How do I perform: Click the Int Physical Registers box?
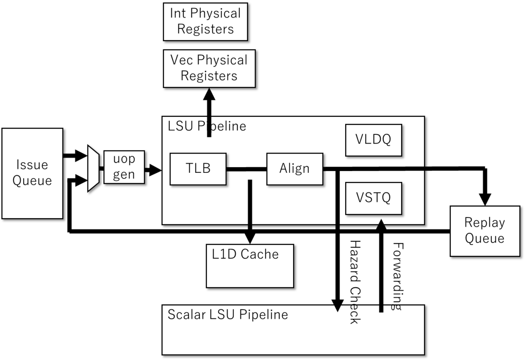pyautogui.click(x=205, y=22)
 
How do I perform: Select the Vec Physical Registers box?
pyautogui.click(x=209, y=68)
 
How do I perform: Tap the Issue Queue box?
pyautogui.click(x=32, y=173)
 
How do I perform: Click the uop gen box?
pyautogui.click(x=124, y=167)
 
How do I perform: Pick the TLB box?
pyautogui.click(x=198, y=169)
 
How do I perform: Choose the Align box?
pyautogui.click(x=294, y=169)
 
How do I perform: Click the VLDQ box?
pyautogui.click(x=374, y=140)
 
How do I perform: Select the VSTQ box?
pyautogui.click(x=374, y=198)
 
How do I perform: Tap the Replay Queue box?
pyautogui.click(x=485, y=231)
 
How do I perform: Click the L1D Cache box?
pyautogui.click(x=250, y=266)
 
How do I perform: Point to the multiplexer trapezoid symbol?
pyautogui.click(x=93, y=168)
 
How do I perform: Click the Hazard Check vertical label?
pyautogui.click(x=355, y=282)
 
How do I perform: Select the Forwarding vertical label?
pyautogui.click(x=398, y=276)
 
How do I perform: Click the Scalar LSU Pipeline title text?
pyautogui.click(x=227, y=315)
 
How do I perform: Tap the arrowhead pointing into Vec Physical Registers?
pyautogui.click(x=209, y=94)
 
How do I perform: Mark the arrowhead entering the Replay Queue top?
pyautogui.click(x=485, y=200)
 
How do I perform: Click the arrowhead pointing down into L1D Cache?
pyautogui.click(x=250, y=238)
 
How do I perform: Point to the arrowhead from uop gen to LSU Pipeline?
pyautogui.click(x=155, y=170)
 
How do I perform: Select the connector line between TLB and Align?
pyautogui.click(x=247, y=169)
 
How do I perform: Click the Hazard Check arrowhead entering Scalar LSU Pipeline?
pyautogui.click(x=337, y=306)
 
